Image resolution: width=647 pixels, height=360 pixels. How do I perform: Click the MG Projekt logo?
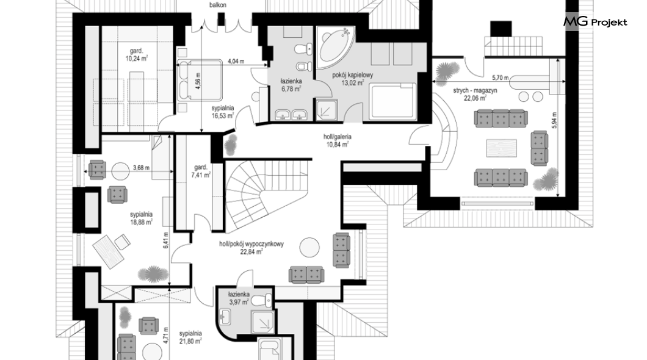595,21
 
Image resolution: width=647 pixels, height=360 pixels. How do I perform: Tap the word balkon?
217,5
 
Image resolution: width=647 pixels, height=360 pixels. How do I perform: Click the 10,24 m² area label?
137,59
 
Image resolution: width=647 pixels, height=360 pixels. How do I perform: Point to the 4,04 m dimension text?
236,62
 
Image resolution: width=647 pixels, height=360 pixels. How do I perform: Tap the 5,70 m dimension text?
500,77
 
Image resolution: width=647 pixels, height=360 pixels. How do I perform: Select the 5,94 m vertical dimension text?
554,120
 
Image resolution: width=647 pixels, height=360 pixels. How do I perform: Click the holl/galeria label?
338,137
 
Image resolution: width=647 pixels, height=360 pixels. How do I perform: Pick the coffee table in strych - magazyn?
501,148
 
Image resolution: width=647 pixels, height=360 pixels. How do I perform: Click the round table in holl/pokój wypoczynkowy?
309,248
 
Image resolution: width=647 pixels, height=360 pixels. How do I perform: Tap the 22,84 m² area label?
251,251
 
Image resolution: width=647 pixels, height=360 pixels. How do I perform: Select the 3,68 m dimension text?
141,168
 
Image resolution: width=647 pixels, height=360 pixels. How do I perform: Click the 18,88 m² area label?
141,221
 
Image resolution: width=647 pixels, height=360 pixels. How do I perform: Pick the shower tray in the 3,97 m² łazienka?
262,323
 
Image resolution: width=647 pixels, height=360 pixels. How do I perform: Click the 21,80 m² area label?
190,340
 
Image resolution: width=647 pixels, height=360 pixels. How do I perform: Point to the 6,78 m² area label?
292,88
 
